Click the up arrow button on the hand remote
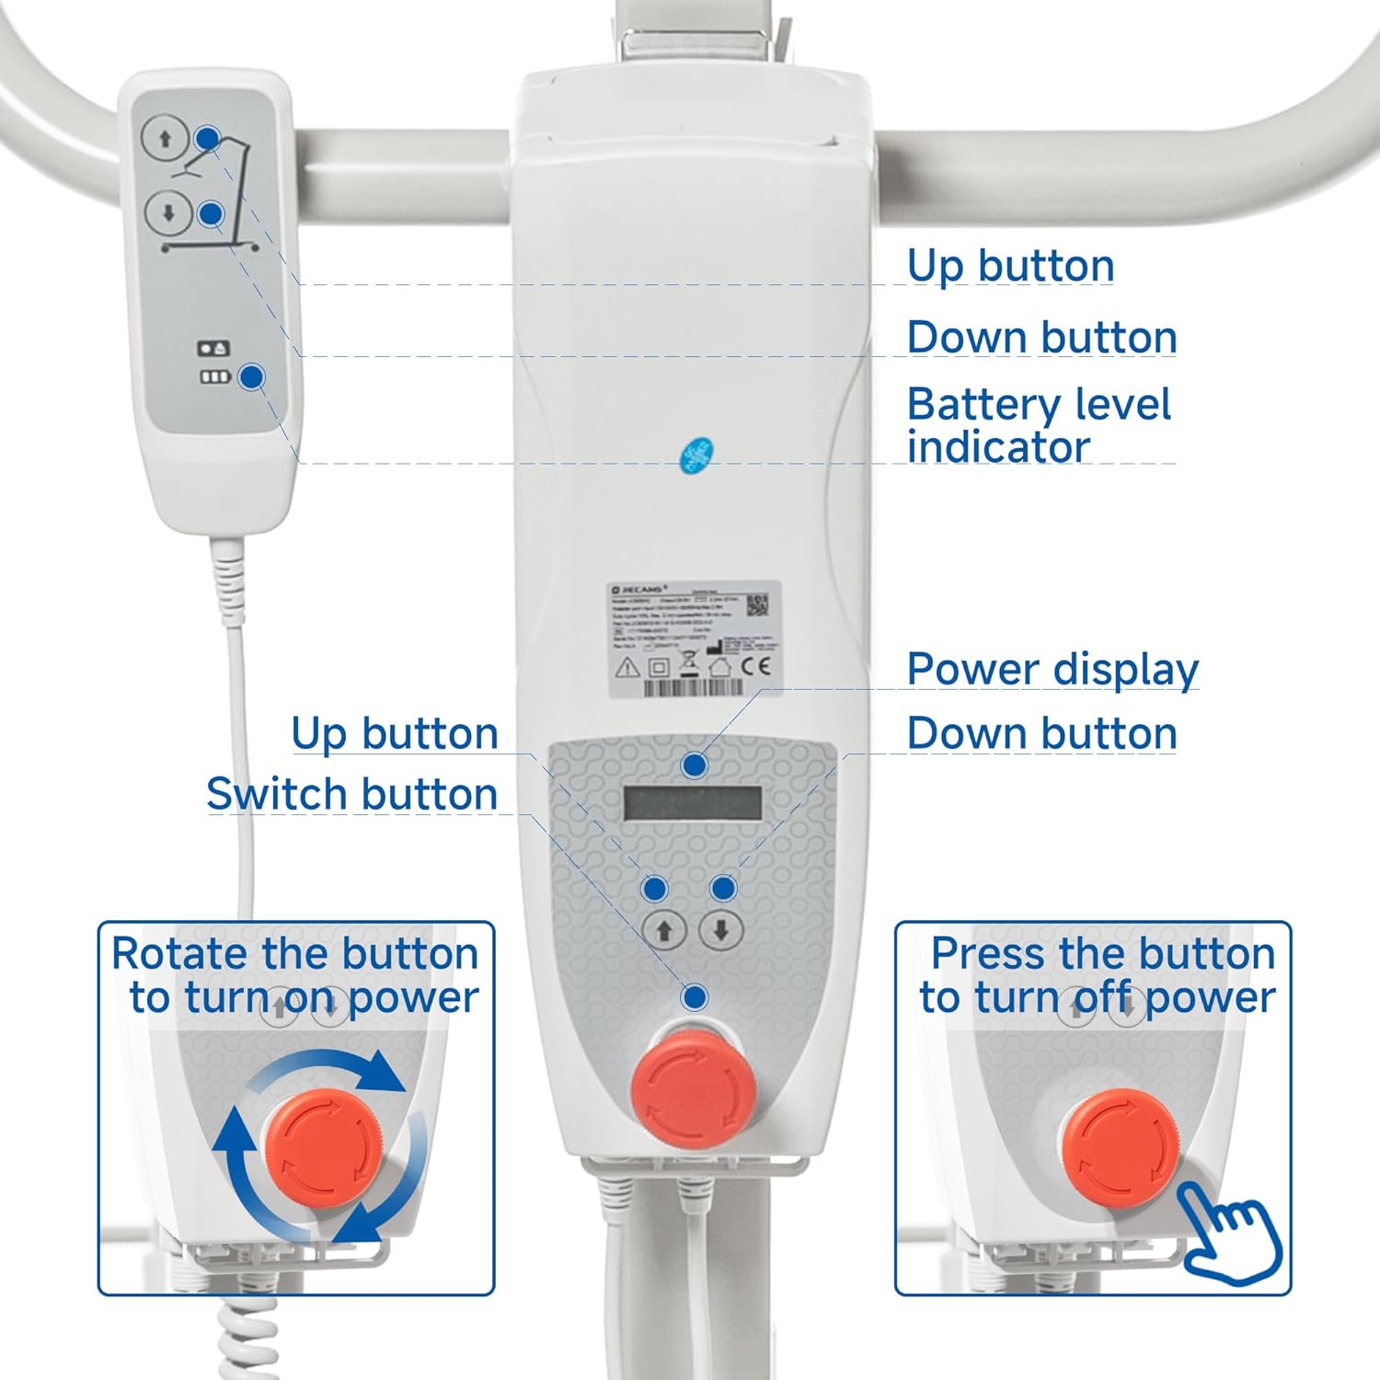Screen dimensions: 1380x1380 166,139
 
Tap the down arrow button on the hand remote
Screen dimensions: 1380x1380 168,214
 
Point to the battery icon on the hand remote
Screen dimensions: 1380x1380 215,376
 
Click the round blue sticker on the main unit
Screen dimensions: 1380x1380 697,455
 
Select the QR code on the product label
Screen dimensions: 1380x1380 756,604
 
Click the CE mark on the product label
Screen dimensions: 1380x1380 756,666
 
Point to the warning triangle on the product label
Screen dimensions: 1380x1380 627,667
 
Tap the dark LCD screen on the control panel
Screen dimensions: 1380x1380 693,803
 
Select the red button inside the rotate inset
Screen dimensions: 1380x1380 324,1146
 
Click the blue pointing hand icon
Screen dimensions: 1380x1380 1230,1228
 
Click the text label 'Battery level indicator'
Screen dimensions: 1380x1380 1038,425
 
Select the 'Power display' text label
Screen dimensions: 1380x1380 1052,669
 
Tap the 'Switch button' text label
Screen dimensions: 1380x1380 351,794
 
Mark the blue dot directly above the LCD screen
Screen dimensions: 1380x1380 695,765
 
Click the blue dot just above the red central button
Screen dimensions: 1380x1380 696,997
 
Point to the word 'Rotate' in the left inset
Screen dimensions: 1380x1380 179,953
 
